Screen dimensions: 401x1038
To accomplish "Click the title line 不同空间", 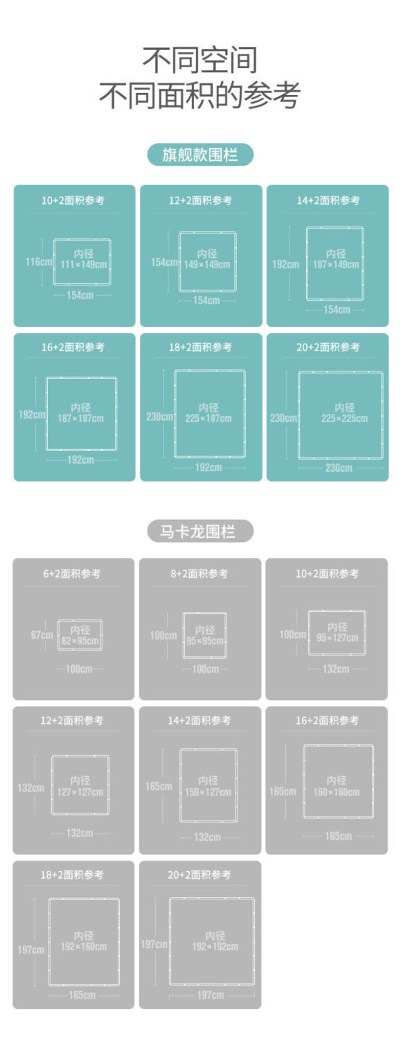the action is pos(199,60).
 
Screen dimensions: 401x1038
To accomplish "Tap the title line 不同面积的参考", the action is pos(199,96).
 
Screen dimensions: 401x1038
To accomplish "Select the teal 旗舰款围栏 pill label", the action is pos(200,155).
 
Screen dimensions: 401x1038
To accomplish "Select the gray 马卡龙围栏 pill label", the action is pos(200,531).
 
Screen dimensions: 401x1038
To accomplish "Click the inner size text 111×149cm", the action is pos(84,265).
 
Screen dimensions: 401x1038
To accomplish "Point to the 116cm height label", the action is pos(39,262).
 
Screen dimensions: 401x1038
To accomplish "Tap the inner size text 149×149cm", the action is pos(207,265).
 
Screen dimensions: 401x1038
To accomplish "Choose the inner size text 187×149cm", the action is pos(336,265).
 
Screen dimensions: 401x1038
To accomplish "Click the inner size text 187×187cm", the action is pos(80,419).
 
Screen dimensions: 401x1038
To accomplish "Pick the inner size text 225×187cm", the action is pos(208,419).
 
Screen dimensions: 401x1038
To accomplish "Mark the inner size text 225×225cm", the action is pos(344,419).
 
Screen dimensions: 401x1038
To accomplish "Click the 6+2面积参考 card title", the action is pos(72,574).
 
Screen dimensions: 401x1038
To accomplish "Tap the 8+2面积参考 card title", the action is pos(199,574).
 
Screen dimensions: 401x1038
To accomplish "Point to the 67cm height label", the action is pos(42,635).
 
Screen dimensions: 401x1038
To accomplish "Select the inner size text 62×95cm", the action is pos(80,641).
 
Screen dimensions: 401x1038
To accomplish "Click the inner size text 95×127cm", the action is pos(337,637).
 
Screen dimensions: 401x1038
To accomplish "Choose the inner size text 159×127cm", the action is pos(208,792).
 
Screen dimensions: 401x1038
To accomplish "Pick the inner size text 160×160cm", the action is pos(336,792).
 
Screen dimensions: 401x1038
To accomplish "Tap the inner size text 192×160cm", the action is pos(84,947).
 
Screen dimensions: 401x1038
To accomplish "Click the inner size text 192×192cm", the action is pos(215,947).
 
